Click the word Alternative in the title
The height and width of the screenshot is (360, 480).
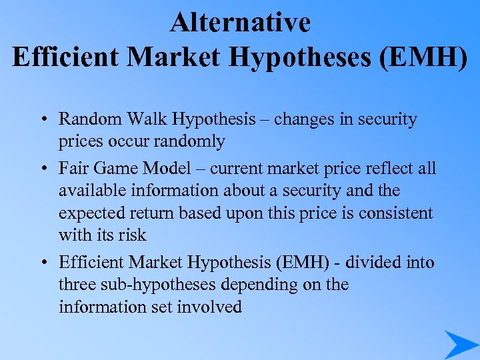click(x=240, y=23)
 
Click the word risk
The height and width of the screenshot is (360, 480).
click(x=131, y=235)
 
